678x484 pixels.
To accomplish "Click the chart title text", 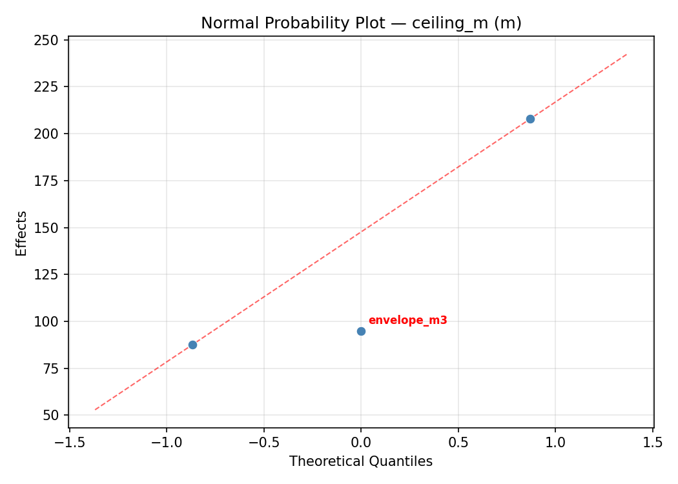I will click(x=361, y=23).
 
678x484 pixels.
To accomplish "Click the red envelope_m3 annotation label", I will click(x=407, y=320).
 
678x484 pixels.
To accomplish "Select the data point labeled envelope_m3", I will click(x=361, y=331).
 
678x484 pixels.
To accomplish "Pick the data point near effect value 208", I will click(x=530, y=119).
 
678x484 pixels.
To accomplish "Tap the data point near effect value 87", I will click(x=192, y=345).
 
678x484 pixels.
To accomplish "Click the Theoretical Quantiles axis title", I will click(x=361, y=461).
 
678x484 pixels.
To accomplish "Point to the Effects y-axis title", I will click(x=22, y=233).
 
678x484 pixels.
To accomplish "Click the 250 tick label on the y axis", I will click(x=50, y=40).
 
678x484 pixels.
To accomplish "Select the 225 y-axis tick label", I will click(x=50, y=87).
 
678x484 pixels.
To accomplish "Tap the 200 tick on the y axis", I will click(x=50, y=134).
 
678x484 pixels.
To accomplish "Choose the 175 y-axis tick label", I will click(x=50, y=181).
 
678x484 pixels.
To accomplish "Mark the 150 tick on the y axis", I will click(x=50, y=228).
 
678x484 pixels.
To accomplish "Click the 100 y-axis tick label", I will click(x=50, y=321).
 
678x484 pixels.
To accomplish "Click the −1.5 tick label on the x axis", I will click(x=69, y=442).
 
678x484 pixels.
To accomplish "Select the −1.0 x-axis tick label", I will click(x=167, y=442).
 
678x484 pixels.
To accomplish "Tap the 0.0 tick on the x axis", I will click(x=361, y=442).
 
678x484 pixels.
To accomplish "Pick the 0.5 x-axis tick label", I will click(x=458, y=442).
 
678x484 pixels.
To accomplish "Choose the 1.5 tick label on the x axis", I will click(x=653, y=442).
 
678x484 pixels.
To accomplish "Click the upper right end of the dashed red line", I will click(x=627, y=54).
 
